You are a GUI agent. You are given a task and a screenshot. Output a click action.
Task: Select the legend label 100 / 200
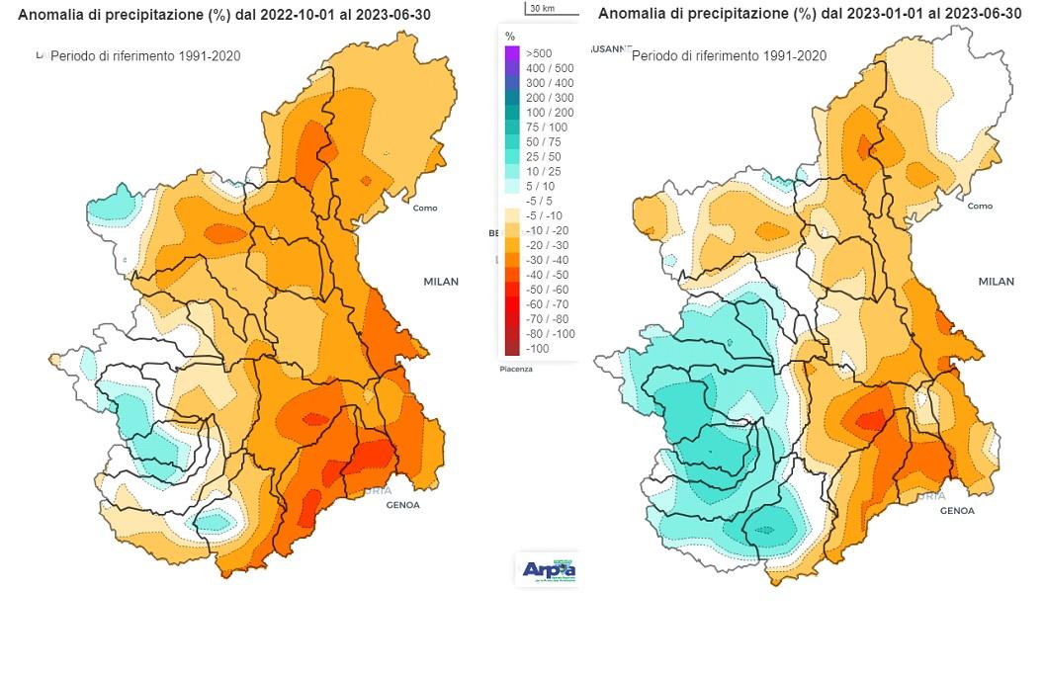[550, 113]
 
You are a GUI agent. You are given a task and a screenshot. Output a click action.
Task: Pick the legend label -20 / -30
[550, 244]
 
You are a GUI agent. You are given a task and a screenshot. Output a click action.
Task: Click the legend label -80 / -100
[552, 333]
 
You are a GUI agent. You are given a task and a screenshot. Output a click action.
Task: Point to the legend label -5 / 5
[544, 200]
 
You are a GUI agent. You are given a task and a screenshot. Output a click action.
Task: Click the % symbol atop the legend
[510, 36]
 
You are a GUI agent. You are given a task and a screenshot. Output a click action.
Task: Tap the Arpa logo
[547, 570]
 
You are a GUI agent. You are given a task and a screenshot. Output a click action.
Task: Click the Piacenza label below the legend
[515, 370]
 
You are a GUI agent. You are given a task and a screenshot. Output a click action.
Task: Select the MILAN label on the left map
[441, 282]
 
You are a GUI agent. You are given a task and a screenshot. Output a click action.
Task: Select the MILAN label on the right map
[996, 282]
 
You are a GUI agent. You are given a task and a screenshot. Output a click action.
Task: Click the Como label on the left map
[425, 209]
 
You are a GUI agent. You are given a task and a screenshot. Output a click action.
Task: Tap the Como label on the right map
[980, 207]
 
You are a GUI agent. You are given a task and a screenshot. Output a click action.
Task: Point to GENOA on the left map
[402, 505]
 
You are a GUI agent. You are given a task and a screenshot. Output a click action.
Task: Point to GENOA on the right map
[957, 511]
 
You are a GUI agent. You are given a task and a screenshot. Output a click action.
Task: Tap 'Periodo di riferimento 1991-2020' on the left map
[144, 56]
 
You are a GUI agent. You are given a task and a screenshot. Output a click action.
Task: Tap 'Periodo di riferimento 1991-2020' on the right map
[729, 56]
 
